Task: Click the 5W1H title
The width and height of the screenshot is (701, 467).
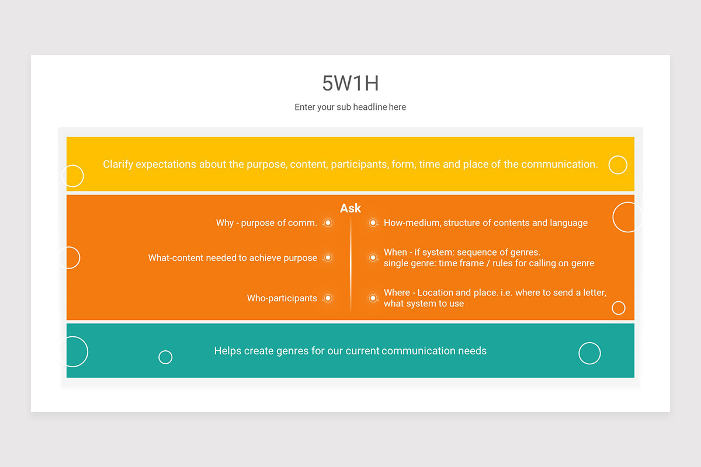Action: tap(350, 83)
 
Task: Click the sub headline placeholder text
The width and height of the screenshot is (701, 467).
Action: tap(350, 107)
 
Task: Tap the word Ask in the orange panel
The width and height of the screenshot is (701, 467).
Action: tap(350, 208)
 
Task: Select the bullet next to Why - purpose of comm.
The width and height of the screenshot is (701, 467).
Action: tap(328, 223)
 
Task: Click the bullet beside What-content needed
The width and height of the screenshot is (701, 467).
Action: tap(328, 258)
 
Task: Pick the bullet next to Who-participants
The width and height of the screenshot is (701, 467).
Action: tap(328, 298)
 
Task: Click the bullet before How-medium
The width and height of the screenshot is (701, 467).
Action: tap(373, 223)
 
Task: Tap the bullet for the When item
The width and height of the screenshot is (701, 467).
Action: tap(373, 257)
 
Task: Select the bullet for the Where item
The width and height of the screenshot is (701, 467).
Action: tap(373, 298)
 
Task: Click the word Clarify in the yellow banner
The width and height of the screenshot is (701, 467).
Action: tap(118, 165)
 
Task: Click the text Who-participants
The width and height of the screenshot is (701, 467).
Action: tap(282, 298)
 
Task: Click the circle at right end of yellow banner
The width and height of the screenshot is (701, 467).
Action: tap(617, 165)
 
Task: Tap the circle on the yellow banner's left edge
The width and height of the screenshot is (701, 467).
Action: tap(73, 176)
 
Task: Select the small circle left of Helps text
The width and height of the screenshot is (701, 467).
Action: tap(165, 357)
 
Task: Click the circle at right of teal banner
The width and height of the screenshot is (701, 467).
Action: tap(589, 353)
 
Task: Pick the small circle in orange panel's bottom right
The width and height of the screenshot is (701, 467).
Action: tap(618, 308)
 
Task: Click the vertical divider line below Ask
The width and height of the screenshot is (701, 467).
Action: tap(350, 263)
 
